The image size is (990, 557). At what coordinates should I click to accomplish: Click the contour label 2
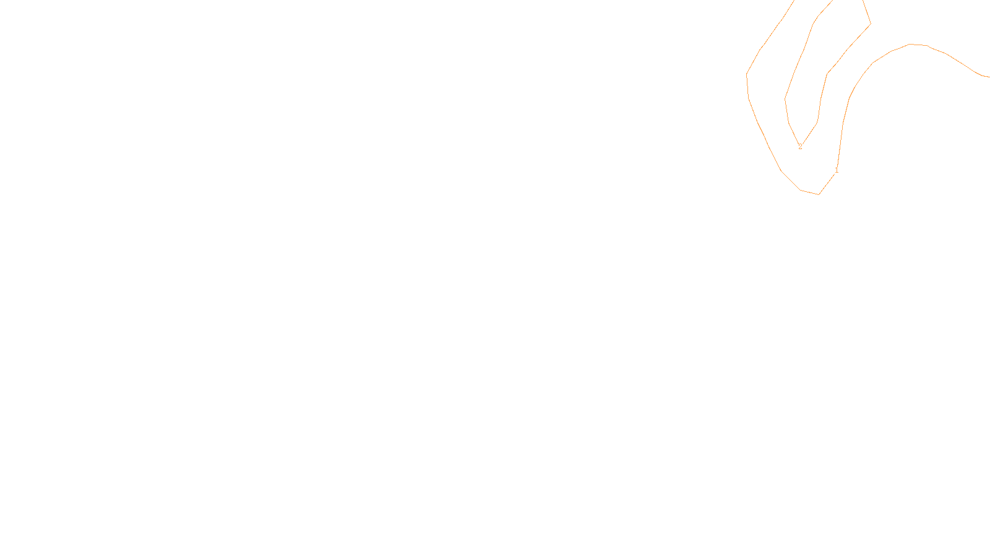(x=800, y=147)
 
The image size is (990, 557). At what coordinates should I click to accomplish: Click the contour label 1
(x=837, y=170)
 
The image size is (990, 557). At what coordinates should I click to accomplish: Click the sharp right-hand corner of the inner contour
(x=871, y=24)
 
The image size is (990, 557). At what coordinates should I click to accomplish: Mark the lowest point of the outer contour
(x=819, y=194)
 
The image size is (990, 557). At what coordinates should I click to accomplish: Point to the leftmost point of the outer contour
(x=747, y=75)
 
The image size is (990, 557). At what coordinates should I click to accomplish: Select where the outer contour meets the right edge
(x=989, y=77)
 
